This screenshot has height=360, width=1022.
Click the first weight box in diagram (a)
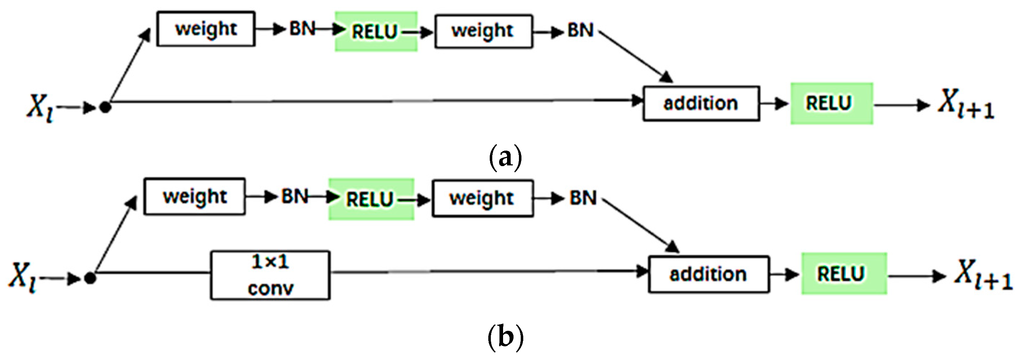(205, 29)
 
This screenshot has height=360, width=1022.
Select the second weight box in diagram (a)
(483, 31)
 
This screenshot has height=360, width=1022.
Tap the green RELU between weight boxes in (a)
(376, 31)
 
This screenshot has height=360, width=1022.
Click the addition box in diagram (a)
(701, 103)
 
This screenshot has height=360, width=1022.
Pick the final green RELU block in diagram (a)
(832, 103)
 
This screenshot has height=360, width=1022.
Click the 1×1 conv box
(270, 275)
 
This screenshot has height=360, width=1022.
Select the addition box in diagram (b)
(708, 274)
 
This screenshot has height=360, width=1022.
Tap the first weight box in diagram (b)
(194, 197)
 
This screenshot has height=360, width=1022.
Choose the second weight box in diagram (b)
(483, 199)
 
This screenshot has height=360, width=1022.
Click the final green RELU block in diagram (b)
(844, 274)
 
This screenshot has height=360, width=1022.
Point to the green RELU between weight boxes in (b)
(371, 199)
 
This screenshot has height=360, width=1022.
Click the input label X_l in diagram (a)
(40, 107)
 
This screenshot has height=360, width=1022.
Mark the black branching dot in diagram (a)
(105, 107)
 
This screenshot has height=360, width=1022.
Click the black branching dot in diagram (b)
(90, 278)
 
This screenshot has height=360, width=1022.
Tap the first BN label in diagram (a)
(302, 29)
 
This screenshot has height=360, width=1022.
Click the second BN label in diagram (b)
(583, 198)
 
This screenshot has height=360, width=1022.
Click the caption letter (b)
(505, 338)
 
